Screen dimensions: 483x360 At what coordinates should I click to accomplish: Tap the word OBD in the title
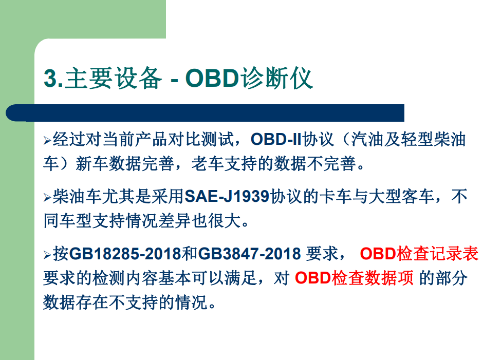tap(212, 78)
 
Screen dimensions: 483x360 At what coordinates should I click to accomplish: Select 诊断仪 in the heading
tap(276, 78)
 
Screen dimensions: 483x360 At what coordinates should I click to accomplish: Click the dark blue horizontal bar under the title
tap(205, 112)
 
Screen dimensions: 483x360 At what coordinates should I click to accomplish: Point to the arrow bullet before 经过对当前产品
tap(47, 140)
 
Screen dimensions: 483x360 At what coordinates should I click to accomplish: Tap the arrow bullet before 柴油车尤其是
tap(47, 197)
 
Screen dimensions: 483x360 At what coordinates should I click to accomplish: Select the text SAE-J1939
tap(227, 196)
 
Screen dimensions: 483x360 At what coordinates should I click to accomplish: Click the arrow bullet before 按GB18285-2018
tap(47, 255)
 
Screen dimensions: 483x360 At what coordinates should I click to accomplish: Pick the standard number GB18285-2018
tap(125, 254)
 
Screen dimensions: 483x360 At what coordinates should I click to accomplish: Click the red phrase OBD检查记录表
tap(419, 254)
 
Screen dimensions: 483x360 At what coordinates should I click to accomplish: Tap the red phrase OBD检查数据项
tap(354, 278)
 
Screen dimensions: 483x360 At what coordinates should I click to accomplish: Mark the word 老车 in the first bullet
tap(207, 163)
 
